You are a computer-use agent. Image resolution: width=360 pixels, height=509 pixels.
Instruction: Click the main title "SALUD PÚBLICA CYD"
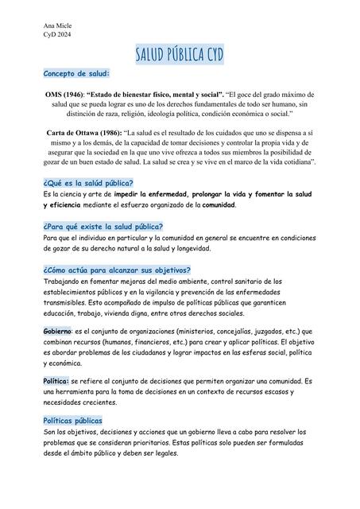pyautogui.click(x=180, y=53)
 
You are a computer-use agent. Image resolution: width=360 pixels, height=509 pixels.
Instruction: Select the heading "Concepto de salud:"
pyautogui.click(x=76, y=73)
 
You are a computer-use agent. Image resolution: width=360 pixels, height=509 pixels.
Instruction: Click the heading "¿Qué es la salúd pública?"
pyautogui.click(x=88, y=183)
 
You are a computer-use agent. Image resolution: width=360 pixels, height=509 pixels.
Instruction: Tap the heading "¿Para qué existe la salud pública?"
pyautogui.click(x=103, y=227)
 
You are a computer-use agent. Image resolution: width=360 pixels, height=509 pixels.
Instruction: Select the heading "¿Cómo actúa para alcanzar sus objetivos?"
pyautogui.click(x=117, y=270)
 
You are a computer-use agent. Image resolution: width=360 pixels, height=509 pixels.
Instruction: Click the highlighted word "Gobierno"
pyautogui.click(x=57, y=330)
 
